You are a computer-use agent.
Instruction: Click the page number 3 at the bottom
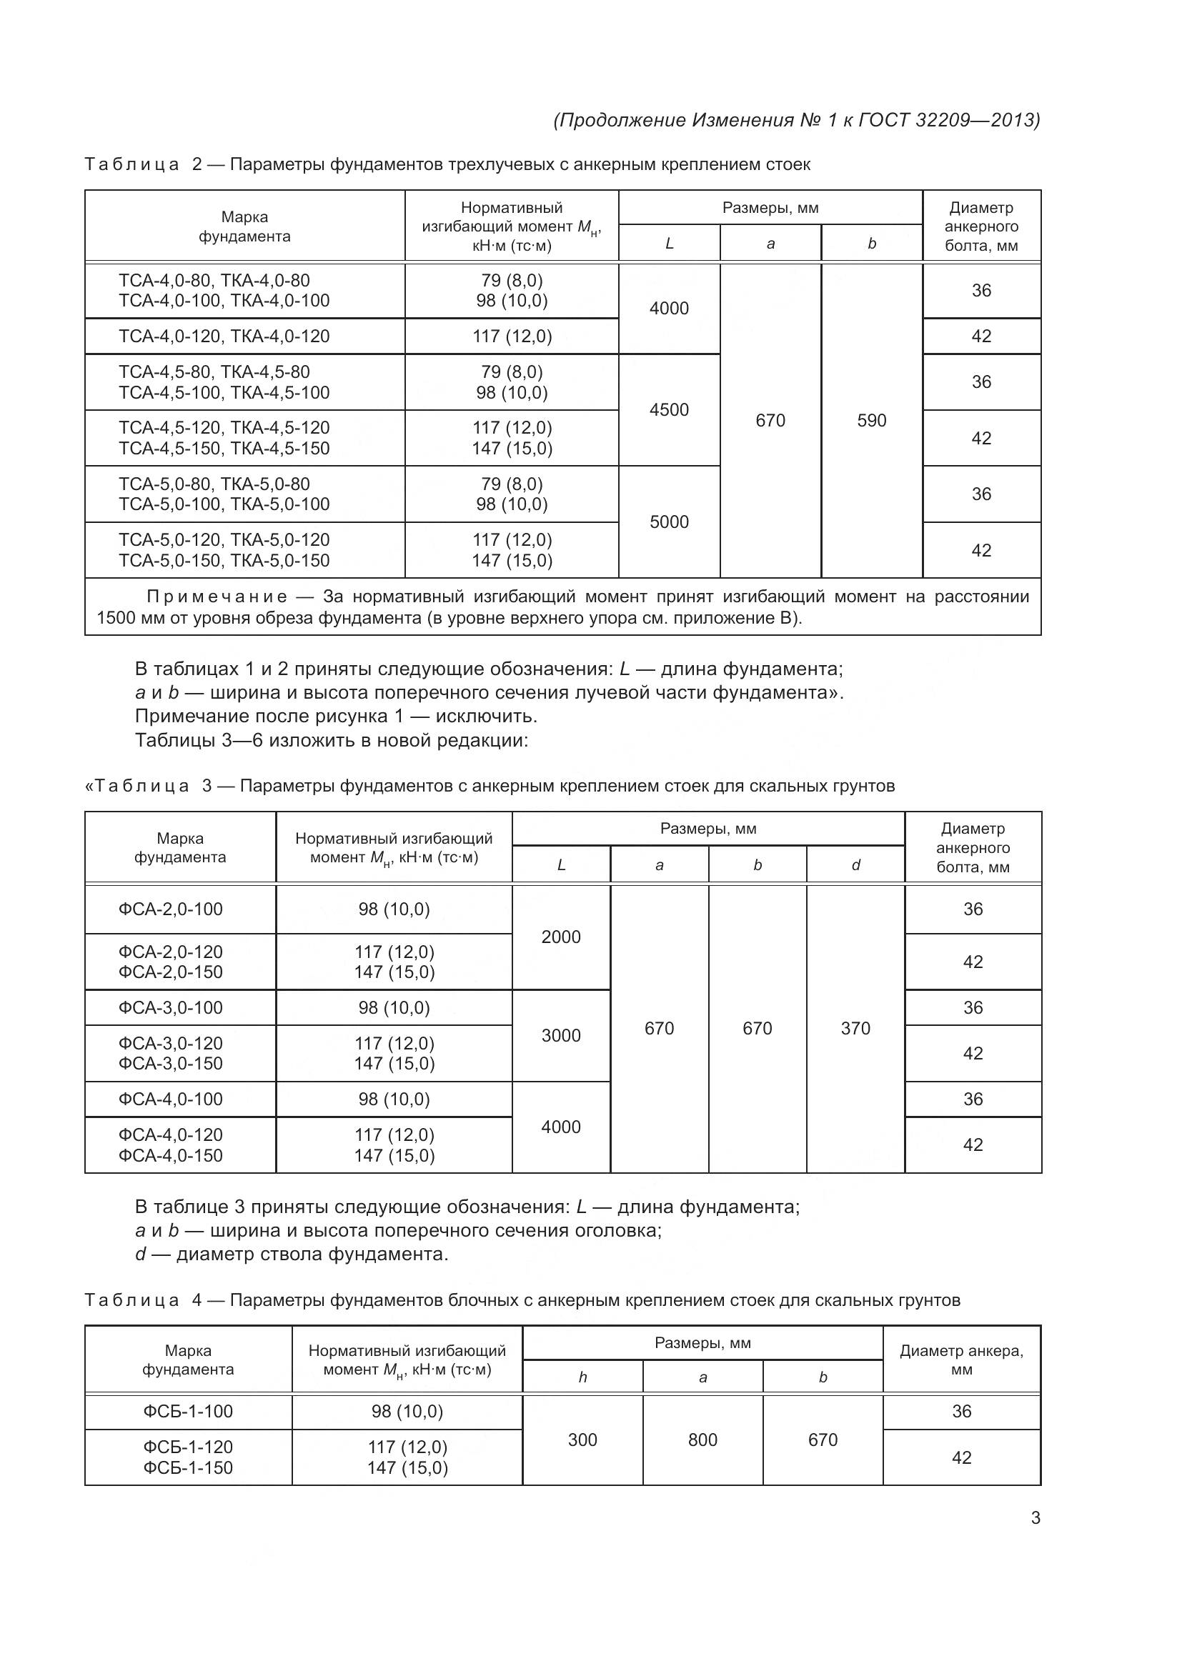[1035, 1518]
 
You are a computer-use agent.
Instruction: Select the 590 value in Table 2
[871, 421]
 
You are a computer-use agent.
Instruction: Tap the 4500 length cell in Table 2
[669, 410]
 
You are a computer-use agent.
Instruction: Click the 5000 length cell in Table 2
[669, 522]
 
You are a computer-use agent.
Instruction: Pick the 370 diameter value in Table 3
[855, 1028]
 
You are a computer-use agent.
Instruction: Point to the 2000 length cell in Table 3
[560, 937]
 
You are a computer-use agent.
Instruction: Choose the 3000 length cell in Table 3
[560, 1036]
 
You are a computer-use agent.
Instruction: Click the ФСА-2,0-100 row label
[170, 909]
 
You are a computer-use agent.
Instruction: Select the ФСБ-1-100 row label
[188, 1411]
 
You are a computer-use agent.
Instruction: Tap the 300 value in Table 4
[582, 1440]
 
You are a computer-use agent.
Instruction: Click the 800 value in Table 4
[702, 1440]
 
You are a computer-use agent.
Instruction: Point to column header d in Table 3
[855, 864]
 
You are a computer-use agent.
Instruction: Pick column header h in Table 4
[582, 1377]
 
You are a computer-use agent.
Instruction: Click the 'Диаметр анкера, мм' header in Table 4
[961, 1360]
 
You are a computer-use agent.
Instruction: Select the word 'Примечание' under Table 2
[217, 597]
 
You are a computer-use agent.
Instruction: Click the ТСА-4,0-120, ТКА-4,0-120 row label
[224, 336]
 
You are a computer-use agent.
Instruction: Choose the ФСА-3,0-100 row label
[170, 1008]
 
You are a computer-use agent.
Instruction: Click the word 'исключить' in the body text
[485, 717]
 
